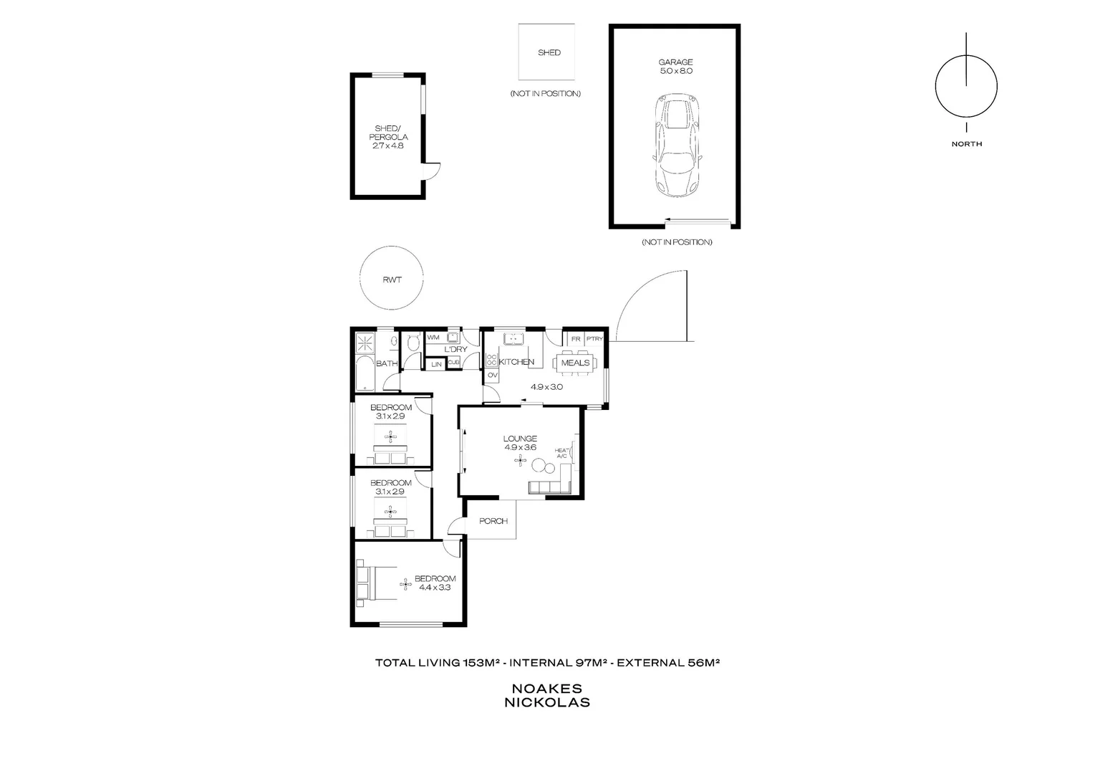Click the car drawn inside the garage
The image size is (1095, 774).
pyautogui.click(x=677, y=147)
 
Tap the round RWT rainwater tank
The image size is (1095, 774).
pyautogui.click(x=392, y=279)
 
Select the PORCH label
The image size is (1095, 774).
pyautogui.click(x=493, y=521)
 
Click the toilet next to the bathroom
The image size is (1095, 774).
pyautogui.click(x=413, y=345)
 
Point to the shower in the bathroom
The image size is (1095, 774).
pyautogui.click(x=365, y=342)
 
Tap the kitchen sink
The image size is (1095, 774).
pyautogui.click(x=513, y=338)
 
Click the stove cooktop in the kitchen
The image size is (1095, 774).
pyautogui.click(x=492, y=360)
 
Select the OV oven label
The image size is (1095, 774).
pyautogui.click(x=492, y=376)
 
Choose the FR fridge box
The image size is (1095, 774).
pyautogui.click(x=575, y=339)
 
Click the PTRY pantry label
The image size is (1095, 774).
pyautogui.click(x=594, y=339)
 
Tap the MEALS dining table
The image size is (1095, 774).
pyautogui.click(x=575, y=363)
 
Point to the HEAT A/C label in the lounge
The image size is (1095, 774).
pyautogui.click(x=561, y=453)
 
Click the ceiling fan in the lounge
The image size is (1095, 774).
pyautogui.click(x=519, y=462)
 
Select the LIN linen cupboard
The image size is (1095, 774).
pyautogui.click(x=436, y=364)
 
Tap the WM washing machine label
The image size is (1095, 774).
pyautogui.click(x=433, y=337)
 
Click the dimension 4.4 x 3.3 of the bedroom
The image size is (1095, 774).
pyautogui.click(x=435, y=588)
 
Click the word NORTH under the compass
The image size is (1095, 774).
pyautogui.click(x=966, y=144)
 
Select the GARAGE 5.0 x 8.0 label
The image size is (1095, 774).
pyautogui.click(x=675, y=67)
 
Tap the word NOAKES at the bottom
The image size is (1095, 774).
pyautogui.click(x=547, y=689)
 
